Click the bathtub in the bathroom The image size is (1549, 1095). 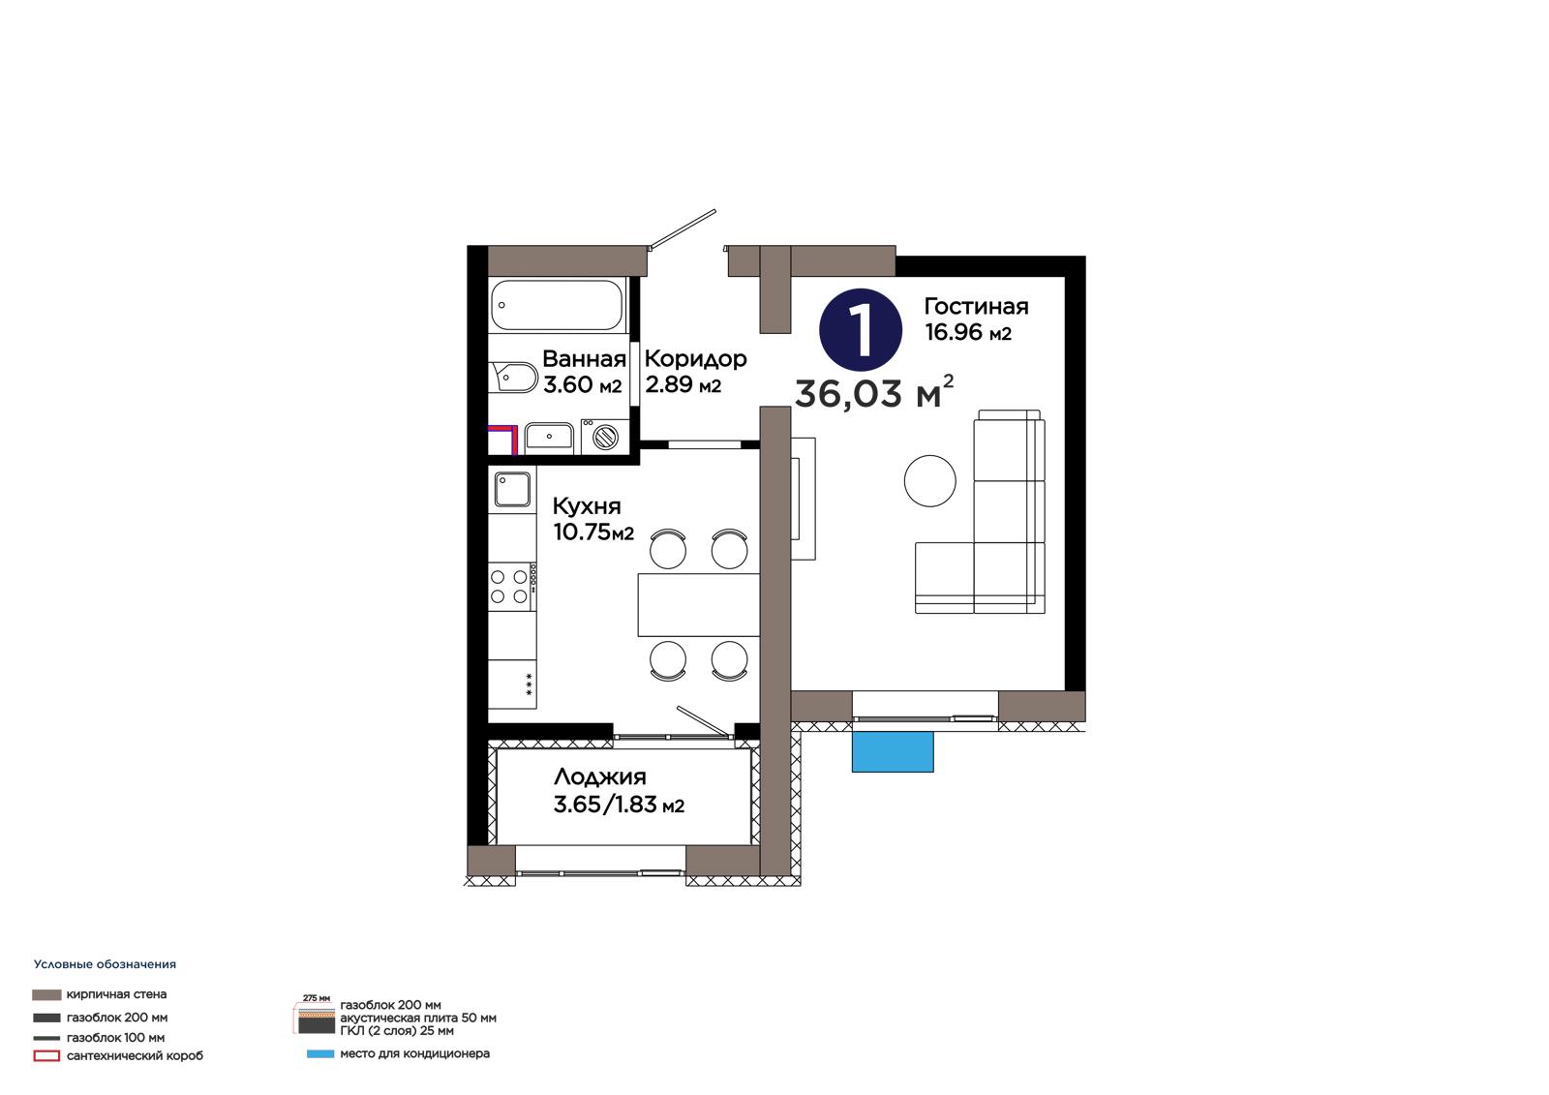(558, 305)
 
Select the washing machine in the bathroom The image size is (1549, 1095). (605, 437)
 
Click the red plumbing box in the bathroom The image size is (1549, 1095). (502, 440)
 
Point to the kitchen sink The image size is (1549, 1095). (512, 489)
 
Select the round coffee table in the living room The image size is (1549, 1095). (930, 481)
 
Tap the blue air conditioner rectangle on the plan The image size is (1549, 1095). (893, 752)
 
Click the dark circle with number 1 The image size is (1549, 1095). (861, 330)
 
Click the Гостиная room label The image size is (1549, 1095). (977, 307)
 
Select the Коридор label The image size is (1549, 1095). (696, 359)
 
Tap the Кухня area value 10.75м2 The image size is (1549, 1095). (593, 532)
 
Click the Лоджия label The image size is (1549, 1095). (600, 777)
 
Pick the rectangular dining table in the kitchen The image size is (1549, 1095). (698, 604)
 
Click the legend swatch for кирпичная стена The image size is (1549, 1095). (46, 994)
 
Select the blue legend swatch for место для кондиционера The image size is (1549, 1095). (320, 1054)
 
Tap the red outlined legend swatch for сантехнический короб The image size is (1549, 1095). (46, 1056)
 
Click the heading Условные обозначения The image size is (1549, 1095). (106, 964)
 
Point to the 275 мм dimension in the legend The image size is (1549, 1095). (317, 998)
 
